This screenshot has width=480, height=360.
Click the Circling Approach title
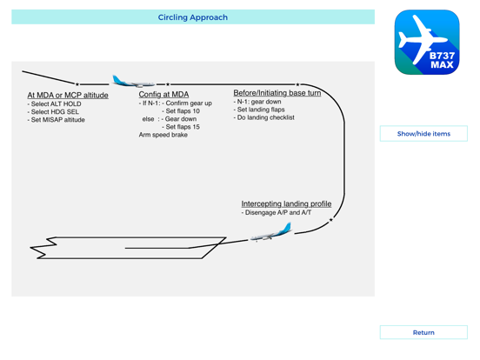(x=193, y=17)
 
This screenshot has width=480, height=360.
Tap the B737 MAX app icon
(x=427, y=43)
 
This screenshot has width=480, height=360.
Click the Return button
(x=423, y=332)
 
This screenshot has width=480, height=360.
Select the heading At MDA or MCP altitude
(x=68, y=96)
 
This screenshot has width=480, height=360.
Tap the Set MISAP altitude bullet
(x=58, y=120)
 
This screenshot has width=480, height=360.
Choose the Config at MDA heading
(x=163, y=95)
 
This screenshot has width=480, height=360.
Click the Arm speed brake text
(x=163, y=135)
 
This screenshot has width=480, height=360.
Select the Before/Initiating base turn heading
(x=277, y=92)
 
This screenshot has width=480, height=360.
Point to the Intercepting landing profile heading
(x=286, y=204)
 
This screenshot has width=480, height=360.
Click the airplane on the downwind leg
(x=133, y=82)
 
